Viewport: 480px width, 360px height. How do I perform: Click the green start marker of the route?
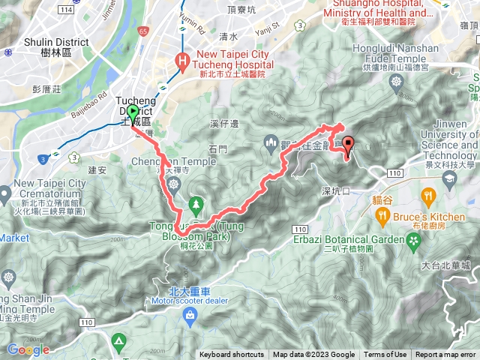click(133, 114)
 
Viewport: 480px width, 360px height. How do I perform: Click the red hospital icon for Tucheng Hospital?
click(181, 59)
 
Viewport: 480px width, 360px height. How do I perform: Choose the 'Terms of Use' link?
click(385, 355)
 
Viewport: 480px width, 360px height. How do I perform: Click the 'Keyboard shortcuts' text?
click(232, 355)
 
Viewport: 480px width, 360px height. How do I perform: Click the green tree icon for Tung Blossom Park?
click(196, 203)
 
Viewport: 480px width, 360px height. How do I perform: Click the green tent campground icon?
click(118, 342)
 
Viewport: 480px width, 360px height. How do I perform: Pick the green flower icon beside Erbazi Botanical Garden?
click(414, 240)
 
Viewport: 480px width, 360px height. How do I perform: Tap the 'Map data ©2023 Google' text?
click(313, 355)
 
